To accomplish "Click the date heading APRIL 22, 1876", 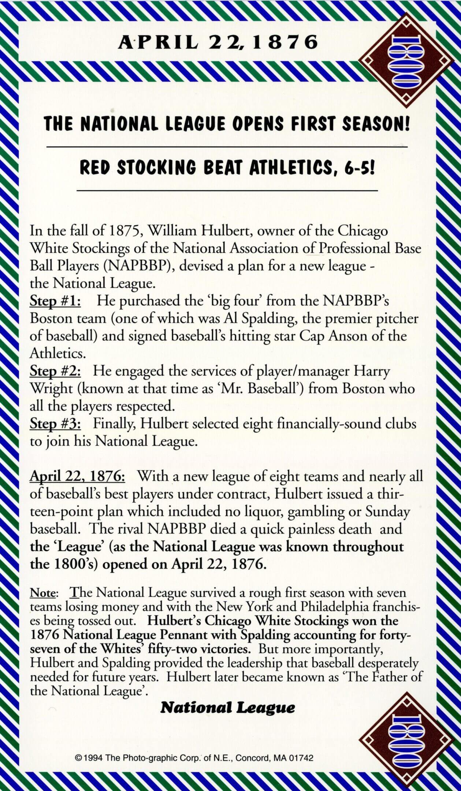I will coord(218,42).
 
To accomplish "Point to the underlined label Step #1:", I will coord(55,301).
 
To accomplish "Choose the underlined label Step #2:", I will coord(55,371).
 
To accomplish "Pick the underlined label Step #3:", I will coord(55,424).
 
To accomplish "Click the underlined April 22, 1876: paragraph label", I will coord(78,476).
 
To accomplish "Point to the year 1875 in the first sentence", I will coord(123,231).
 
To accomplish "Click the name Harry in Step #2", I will coord(371,371).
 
